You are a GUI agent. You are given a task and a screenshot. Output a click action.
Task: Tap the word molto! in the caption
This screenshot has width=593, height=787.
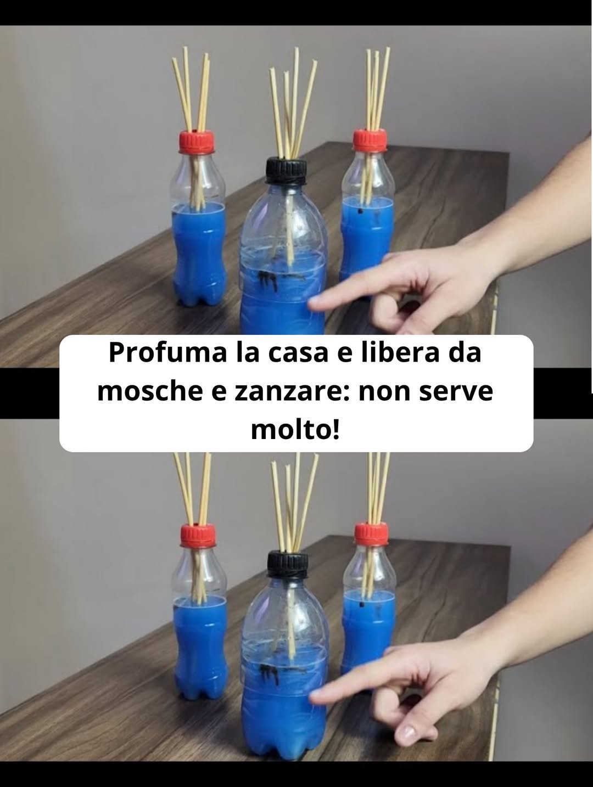click(x=296, y=430)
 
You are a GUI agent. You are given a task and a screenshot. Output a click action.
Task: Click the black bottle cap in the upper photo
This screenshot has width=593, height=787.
click(x=287, y=171)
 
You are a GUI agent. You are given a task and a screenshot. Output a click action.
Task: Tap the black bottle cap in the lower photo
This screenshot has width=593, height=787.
click(x=288, y=565)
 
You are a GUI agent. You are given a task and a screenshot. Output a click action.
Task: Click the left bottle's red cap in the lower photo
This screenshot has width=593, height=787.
click(x=198, y=536)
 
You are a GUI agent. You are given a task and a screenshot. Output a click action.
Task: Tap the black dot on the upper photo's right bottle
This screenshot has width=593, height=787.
click(x=360, y=210)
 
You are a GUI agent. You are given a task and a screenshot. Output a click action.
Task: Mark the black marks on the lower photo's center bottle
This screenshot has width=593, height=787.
click(x=269, y=671)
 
